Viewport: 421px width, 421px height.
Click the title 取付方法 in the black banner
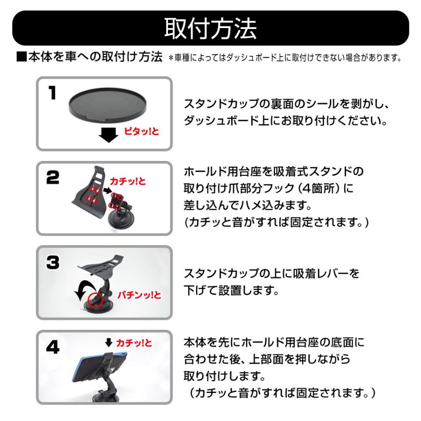tap(210, 29)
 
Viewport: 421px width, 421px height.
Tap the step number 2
tap(52, 177)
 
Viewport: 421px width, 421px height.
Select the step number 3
tap(52, 262)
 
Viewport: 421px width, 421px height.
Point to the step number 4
tap(52, 347)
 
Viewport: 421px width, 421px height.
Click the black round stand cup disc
tap(108, 104)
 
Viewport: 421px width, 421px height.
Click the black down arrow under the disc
tap(109, 135)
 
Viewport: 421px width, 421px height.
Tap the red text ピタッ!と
tap(141, 131)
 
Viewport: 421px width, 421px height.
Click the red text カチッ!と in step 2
tap(128, 181)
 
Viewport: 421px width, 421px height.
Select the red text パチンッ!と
tap(139, 295)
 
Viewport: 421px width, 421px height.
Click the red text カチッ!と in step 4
tap(134, 343)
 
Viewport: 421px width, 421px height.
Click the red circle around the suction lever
tap(95, 300)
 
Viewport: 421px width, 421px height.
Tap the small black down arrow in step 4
tap(109, 342)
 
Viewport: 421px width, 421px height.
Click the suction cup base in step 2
tap(120, 220)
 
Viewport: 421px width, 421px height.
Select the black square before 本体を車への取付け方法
tap(22, 57)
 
